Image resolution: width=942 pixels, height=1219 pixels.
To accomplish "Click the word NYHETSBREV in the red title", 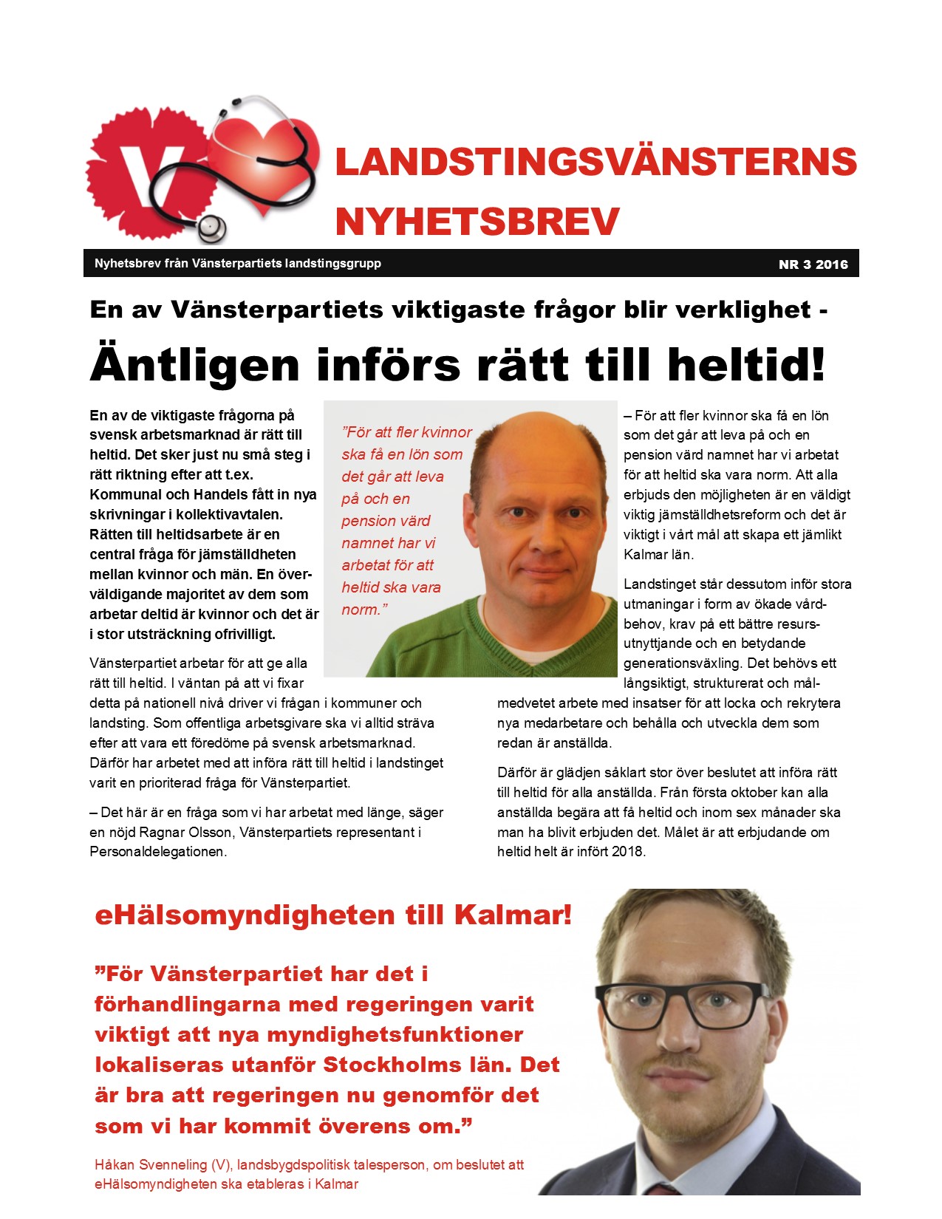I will click(x=477, y=222).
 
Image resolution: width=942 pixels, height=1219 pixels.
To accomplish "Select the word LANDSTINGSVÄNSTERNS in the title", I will click(x=595, y=163).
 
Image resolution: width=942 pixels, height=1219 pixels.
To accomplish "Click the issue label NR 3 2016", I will click(x=813, y=264).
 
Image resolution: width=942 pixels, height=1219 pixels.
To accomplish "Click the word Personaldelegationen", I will click(x=157, y=852).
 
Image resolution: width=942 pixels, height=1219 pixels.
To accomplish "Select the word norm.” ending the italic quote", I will click(x=364, y=609).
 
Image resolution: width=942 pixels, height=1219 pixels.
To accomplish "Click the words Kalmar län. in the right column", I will click(x=658, y=555).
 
